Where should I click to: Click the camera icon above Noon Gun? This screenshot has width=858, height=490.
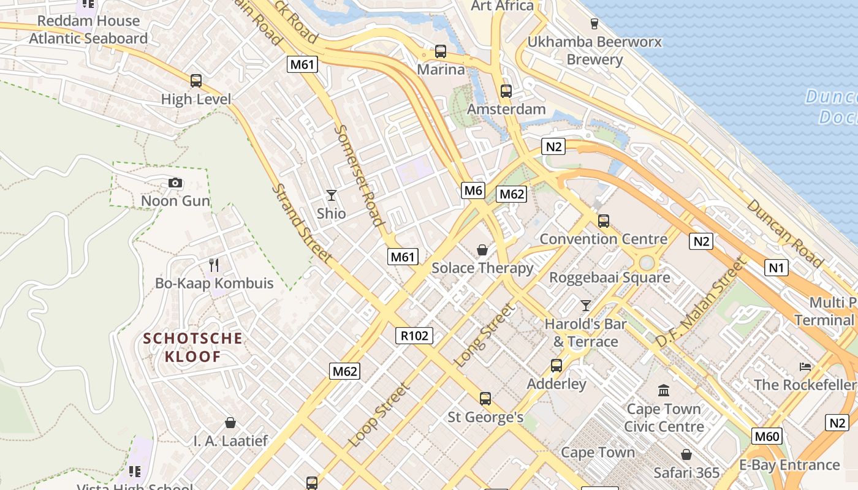click(x=175, y=183)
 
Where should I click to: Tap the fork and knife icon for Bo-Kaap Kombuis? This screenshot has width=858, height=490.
click(x=214, y=265)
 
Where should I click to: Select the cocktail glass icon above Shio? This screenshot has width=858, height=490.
click(x=332, y=195)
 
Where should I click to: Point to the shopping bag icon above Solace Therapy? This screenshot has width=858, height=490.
click(x=482, y=250)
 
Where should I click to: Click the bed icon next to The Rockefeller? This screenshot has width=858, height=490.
click(x=805, y=366)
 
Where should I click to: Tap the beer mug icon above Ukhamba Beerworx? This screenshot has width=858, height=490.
click(x=594, y=24)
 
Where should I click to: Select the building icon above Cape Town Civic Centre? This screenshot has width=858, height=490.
click(x=663, y=390)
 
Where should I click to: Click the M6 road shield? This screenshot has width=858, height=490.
click(x=473, y=190)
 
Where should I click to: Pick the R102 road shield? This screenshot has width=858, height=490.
click(x=414, y=336)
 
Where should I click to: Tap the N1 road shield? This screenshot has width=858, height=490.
click(x=776, y=268)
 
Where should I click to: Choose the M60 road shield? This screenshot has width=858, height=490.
click(x=767, y=437)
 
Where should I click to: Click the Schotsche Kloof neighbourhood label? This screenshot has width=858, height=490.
click(x=193, y=347)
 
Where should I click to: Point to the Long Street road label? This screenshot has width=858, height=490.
click(x=484, y=336)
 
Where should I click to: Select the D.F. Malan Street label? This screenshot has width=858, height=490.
click(x=700, y=302)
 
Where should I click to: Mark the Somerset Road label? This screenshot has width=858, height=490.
click(x=360, y=175)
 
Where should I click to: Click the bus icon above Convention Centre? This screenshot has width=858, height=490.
click(x=604, y=221)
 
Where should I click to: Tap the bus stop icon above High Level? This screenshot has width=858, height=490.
click(x=196, y=81)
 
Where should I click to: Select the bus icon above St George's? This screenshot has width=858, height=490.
click(x=485, y=399)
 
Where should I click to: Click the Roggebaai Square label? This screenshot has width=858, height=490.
click(x=609, y=277)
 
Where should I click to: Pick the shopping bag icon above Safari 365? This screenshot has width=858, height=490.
click(x=686, y=454)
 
